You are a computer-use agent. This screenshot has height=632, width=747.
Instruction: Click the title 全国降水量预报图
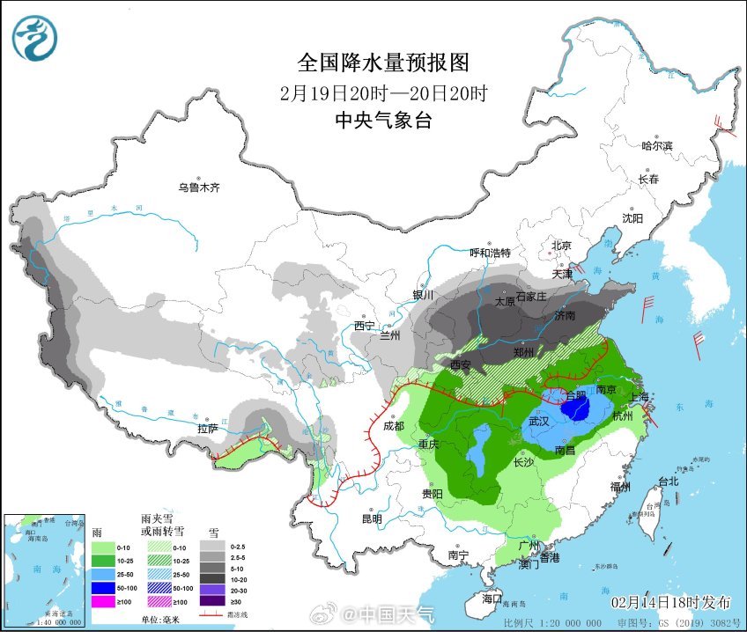click(x=382, y=63)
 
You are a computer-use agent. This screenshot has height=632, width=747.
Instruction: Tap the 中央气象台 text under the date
click(x=382, y=121)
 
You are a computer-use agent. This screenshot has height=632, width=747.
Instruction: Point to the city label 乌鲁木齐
click(x=198, y=187)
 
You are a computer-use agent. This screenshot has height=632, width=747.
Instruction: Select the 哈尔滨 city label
click(x=656, y=146)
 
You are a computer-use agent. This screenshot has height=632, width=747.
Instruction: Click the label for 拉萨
click(x=207, y=429)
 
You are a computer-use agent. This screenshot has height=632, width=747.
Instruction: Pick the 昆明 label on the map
click(x=371, y=518)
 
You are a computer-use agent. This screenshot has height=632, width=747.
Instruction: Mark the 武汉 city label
click(x=539, y=422)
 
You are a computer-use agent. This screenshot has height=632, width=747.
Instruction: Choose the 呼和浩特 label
click(x=490, y=254)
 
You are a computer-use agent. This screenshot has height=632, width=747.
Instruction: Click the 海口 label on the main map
click(x=492, y=599)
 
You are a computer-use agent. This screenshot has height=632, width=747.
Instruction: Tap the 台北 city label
click(x=668, y=481)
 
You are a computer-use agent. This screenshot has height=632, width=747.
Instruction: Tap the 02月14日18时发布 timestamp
click(x=671, y=603)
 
